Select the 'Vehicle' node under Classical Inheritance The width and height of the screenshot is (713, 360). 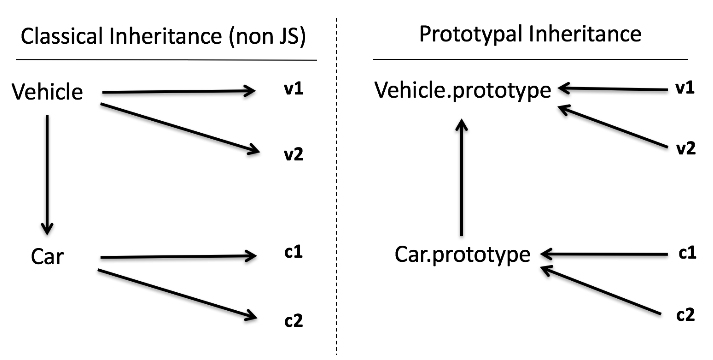[x=47, y=93]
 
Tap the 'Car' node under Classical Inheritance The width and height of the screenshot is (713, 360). [x=47, y=257]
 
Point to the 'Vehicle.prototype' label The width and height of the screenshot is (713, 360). [x=462, y=91]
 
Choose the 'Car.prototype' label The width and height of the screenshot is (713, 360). [x=462, y=255]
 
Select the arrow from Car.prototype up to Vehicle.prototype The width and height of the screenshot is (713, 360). [x=462, y=175]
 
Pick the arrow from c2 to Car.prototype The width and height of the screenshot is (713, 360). [x=600, y=290]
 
